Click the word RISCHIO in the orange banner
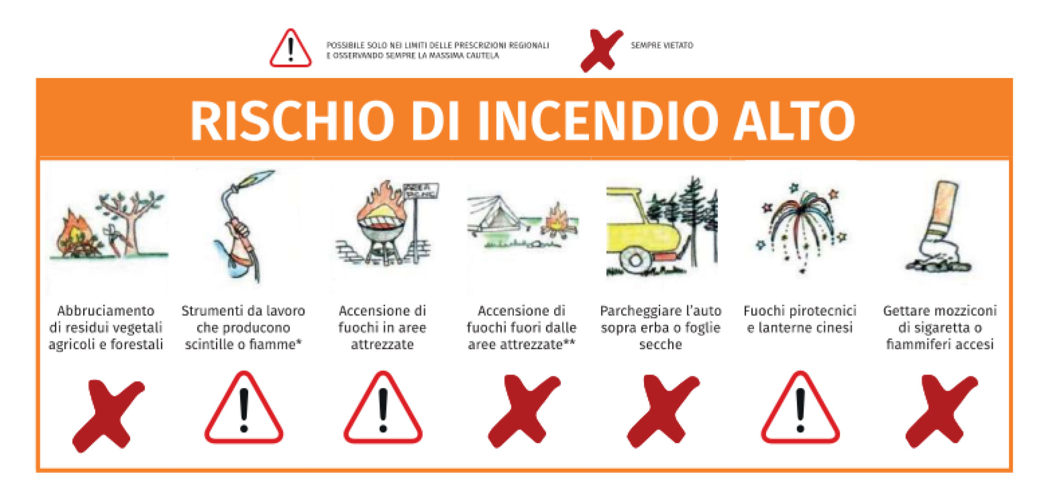pyautogui.click(x=293, y=120)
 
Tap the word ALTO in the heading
pyautogui.click(x=795, y=120)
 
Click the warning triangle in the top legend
pyautogui.click(x=290, y=48)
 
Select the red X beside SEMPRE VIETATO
pyautogui.click(x=602, y=50)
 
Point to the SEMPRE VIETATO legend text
pyautogui.click(x=662, y=45)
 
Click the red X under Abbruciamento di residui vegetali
pyautogui.click(x=109, y=416)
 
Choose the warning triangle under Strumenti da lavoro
pyautogui.click(x=244, y=408)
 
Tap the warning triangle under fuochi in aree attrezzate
pyautogui.click(x=383, y=408)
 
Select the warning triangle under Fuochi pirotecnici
pyautogui.click(x=800, y=408)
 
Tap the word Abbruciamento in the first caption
pyautogui.click(x=106, y=311)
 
